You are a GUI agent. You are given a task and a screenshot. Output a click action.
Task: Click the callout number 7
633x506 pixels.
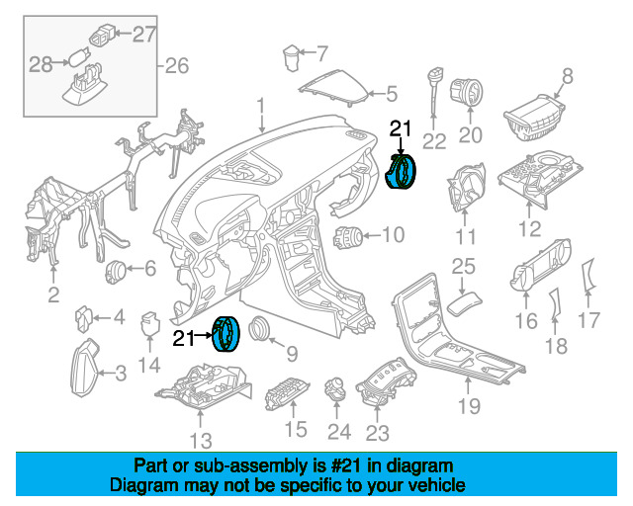click(x=321, y=53)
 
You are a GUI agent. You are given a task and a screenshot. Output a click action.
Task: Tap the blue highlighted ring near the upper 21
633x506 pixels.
click(x=401, y=171)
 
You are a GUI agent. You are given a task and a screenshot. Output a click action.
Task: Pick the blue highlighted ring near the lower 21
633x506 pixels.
click(x=226, y=334)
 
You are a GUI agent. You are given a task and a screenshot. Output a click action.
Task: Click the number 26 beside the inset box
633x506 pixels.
click(x=176, y=66)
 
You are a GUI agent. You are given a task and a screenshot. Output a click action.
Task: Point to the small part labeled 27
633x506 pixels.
click(x=101, y=36)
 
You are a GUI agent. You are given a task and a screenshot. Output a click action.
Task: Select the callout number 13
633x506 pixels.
click(x=201, y=441)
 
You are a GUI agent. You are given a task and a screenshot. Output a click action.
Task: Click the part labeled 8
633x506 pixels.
click(x=535, y=119)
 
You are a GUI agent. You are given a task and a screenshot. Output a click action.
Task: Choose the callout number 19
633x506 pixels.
click(x=469, y=406)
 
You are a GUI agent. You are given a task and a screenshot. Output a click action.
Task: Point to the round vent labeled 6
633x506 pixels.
click(x=116, y=272)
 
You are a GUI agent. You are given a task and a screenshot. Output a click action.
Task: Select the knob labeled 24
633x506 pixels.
click(x=336, y=389)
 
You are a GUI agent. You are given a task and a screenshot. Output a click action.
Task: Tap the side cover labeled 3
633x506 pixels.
click(x=85, y=368)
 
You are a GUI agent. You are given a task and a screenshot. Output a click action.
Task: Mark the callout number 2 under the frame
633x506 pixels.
click(x=53, y=295)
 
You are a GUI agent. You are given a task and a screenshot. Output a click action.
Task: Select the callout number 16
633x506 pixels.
click(x=526, y=321)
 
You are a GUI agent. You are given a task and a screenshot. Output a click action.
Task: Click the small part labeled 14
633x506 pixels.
click(x=149, y=323)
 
